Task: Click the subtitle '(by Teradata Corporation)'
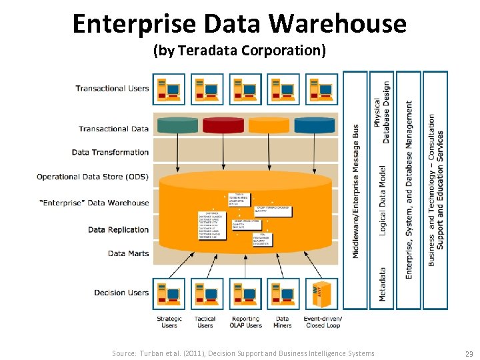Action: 239,51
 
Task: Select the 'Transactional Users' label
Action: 112,89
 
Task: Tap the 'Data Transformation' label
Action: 110,152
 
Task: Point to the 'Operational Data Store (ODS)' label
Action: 93,177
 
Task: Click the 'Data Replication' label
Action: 118,230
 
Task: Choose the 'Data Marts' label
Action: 128,253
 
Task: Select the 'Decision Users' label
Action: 121,293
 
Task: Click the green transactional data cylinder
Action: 177,125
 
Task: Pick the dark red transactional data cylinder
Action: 223,125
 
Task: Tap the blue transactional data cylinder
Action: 315,125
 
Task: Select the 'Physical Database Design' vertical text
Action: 381,112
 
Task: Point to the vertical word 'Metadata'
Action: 382,285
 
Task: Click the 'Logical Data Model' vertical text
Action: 382,200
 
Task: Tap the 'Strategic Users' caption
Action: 169,322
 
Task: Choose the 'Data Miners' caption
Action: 283,322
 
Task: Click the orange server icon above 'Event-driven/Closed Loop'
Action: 322,294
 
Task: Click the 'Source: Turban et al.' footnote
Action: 243,353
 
